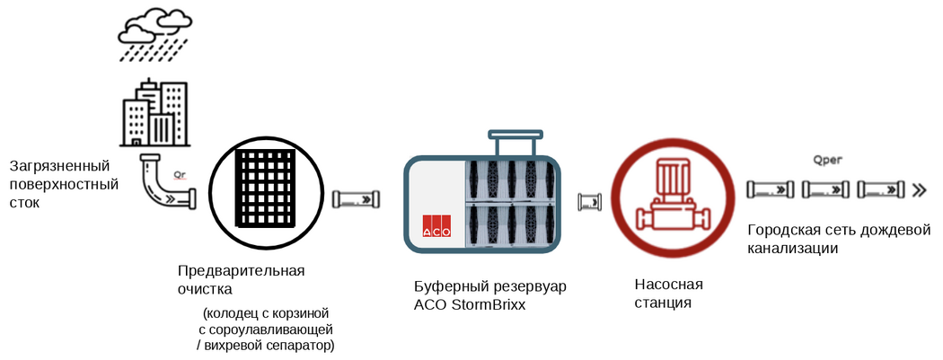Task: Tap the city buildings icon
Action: point(154,115)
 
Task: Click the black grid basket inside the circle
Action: point(266,189)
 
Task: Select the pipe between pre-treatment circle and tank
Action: point(360,198)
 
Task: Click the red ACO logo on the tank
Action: point(436,226)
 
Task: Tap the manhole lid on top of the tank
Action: point(516,136)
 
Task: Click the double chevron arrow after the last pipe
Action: point(920,189)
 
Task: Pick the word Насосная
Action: point(668,285)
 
